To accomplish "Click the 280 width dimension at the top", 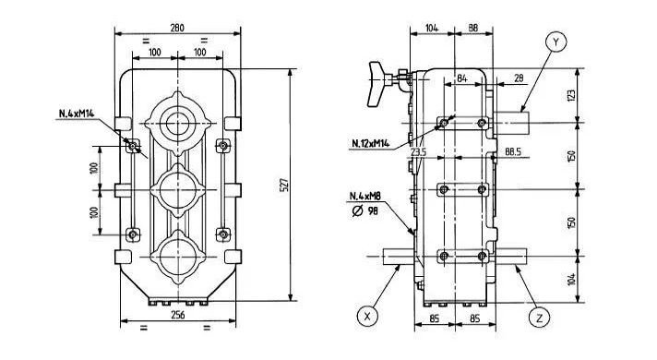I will pyautogui.click(x=177, y=28).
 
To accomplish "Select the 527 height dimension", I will pyautogui.click(x=282, y=186).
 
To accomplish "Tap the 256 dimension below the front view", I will pyautogui.click(x=177, y=315).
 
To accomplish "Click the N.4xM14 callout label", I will pyautogui.click(x=78, y=114).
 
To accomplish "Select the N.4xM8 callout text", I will pyautogui.click(x=366, y=197).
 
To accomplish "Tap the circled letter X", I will pyautogui.click(x=368, y=316).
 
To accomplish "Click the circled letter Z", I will pyautogui.click(x=540, y=317).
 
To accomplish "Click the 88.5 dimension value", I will pyautogui.click(x=514, y=150).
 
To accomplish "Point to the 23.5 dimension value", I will pyautogui.click(x=418, y=150).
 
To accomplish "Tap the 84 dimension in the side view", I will pyautogui.click(x=460, y=79).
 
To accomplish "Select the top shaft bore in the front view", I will pyautogui.click(x=177, y=120).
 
